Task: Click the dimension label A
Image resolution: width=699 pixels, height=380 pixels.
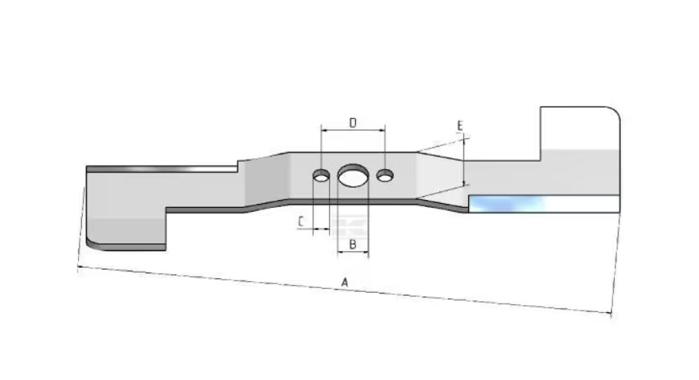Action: [344, 283]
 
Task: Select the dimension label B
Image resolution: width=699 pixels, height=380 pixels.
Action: [353, 244]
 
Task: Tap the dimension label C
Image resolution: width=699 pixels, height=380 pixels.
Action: [301, 222]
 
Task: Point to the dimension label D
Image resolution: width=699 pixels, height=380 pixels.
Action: [353, 123]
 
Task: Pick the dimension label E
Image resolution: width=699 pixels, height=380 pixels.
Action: [460, 126]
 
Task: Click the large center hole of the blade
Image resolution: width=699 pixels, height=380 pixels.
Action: [353, 175]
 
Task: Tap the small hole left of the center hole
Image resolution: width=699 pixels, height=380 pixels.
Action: [321, 176]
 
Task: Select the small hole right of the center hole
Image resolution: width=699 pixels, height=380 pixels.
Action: [385, 176]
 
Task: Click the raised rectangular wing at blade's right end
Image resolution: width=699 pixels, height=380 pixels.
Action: [579, 133]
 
